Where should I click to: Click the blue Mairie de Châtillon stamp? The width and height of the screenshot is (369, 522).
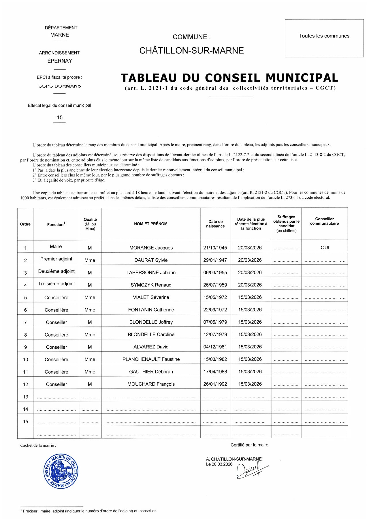coord(61,471)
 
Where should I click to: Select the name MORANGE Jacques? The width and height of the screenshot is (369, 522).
coord(151,248)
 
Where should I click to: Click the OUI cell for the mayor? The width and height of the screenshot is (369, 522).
coord(325,247)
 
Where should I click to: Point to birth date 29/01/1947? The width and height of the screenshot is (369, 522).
coord(215,260)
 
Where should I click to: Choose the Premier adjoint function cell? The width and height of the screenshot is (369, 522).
coord(56,259)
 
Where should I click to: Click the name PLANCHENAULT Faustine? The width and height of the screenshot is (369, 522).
coord(151,359)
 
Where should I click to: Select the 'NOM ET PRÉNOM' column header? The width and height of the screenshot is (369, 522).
coord(150,224)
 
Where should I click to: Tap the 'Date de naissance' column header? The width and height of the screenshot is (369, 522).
coord(215,224)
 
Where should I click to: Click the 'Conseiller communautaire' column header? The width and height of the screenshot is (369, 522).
coord(324,221)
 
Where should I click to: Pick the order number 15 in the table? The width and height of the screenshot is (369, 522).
coord(25,422)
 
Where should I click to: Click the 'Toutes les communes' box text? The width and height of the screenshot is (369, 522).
coord(324,36)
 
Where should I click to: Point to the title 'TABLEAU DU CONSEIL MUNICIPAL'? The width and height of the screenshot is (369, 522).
coord(229,78)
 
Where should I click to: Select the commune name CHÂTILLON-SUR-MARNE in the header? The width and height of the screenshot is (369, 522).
coord(191,51)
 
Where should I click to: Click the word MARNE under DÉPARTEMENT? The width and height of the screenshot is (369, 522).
coord(60,35)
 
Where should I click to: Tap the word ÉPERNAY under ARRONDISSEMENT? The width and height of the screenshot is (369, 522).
coord(60,61)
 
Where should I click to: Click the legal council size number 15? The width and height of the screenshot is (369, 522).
coord(60,117)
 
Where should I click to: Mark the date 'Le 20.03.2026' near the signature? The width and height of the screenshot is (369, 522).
coord(219,464)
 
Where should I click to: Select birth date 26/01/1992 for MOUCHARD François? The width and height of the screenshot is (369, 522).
coord(215,384)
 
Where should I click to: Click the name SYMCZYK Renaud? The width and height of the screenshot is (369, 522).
coord(151,285)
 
